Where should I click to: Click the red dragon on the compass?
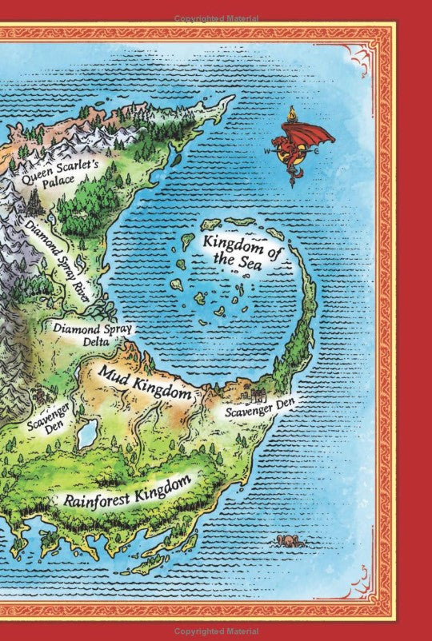pyautogui.click(x=297, y=148)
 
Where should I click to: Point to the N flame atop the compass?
pyautogui.click(x=292, y=113)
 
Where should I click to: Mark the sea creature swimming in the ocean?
pyautogui.click(x=284, y=540)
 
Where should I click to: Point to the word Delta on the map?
pyautogui.click(x=92, y=343)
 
